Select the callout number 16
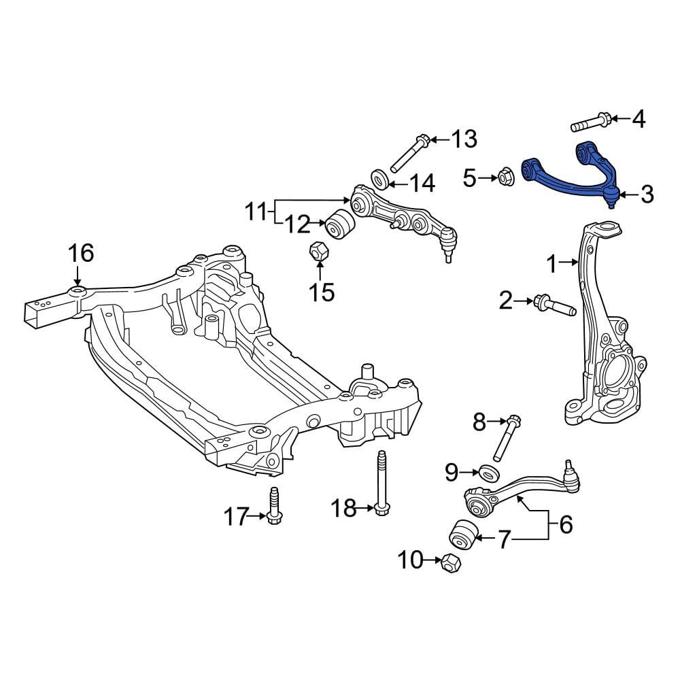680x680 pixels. [x=81, y=253]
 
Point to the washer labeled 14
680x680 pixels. [x=380, y=180]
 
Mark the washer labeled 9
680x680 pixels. [x=488, y=473]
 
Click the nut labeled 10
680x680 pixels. [x=451, y=562]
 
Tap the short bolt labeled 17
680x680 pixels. [x=274, y=505]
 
